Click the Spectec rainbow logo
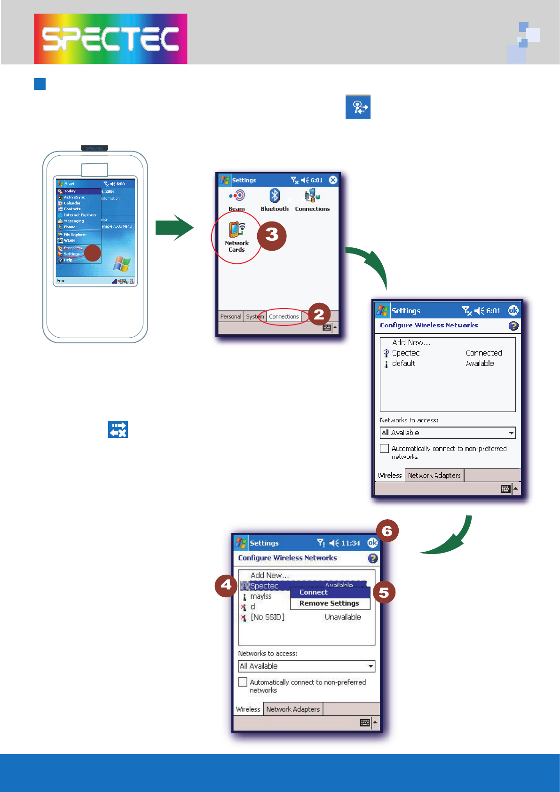tap(110, 39)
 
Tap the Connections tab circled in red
tap(284, 317)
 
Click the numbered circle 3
tap(272, 235)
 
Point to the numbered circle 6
tap(387, 531)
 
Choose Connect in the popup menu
tap(314, 593)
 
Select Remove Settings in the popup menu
tap(329, 603)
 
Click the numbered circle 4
tap(226, 586)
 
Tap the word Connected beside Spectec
tap(484, 353)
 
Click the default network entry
tap(403, 364)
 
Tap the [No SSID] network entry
tap(267, 617)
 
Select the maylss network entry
tap(261, 596)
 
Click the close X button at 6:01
tap(333, 180)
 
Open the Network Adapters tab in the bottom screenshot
tap(293, 709)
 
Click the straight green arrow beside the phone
tap(174, 228)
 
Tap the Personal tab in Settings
tap(230, 317)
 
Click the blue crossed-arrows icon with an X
tap(118, 429)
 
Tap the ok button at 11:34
tap(372, 543)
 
